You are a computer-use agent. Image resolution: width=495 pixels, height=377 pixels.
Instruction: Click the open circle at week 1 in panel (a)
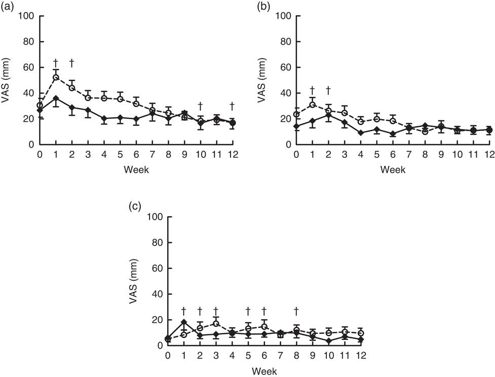pyautogui.click(x=56, y=77)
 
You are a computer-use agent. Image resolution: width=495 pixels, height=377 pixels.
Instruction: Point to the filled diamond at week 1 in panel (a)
pyautogui.click(x=56, y=98)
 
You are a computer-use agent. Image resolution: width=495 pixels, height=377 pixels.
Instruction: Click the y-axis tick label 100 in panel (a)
pyautogui.click(x=26, y=16)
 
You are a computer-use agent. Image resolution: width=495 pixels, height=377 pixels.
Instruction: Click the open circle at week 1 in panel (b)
pyautogui.click(x=313, y=105)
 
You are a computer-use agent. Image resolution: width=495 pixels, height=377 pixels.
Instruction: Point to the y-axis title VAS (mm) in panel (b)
pyautogui.click(x=262, y=81)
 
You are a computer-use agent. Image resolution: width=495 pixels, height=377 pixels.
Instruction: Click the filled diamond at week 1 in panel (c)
pyautogui.click(x=184, y=322)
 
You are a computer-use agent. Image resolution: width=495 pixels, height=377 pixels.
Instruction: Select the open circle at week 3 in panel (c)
pyautogui.click(x=216, y=324)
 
